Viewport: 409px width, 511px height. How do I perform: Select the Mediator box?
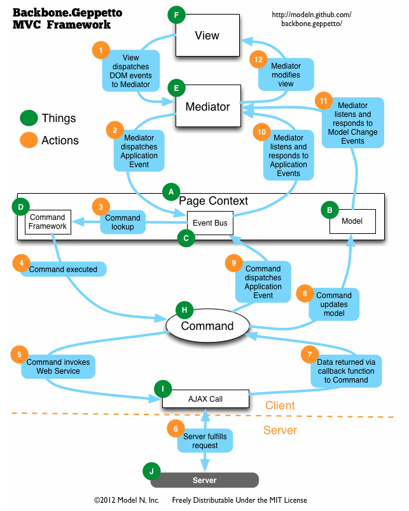click(x=207, y=107)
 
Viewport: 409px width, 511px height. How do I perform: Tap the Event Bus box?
click(x=211, y=223)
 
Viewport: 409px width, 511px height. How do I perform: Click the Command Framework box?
click(x=48, y=222)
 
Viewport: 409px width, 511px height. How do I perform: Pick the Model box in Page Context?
click(x=352, y=221)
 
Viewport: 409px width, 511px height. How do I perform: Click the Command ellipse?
click(x=207, y=326)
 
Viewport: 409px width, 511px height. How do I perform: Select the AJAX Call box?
click(x=205, y=399)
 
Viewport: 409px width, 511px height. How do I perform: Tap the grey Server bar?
click(x=204, y=480)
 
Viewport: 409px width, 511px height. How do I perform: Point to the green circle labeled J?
click(x=151, y=471)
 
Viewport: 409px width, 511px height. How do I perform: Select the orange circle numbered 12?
click(x=258, y=59)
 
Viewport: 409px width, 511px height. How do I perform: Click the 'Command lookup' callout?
click(x=123, y=222)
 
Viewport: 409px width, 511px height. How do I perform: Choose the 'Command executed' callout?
click(x=64, y=269)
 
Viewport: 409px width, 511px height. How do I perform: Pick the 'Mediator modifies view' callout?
click(x=286, y=74)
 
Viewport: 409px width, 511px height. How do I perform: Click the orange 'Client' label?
click(x=280, y=405)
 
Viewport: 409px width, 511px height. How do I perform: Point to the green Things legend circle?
click(x=29, y=118)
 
